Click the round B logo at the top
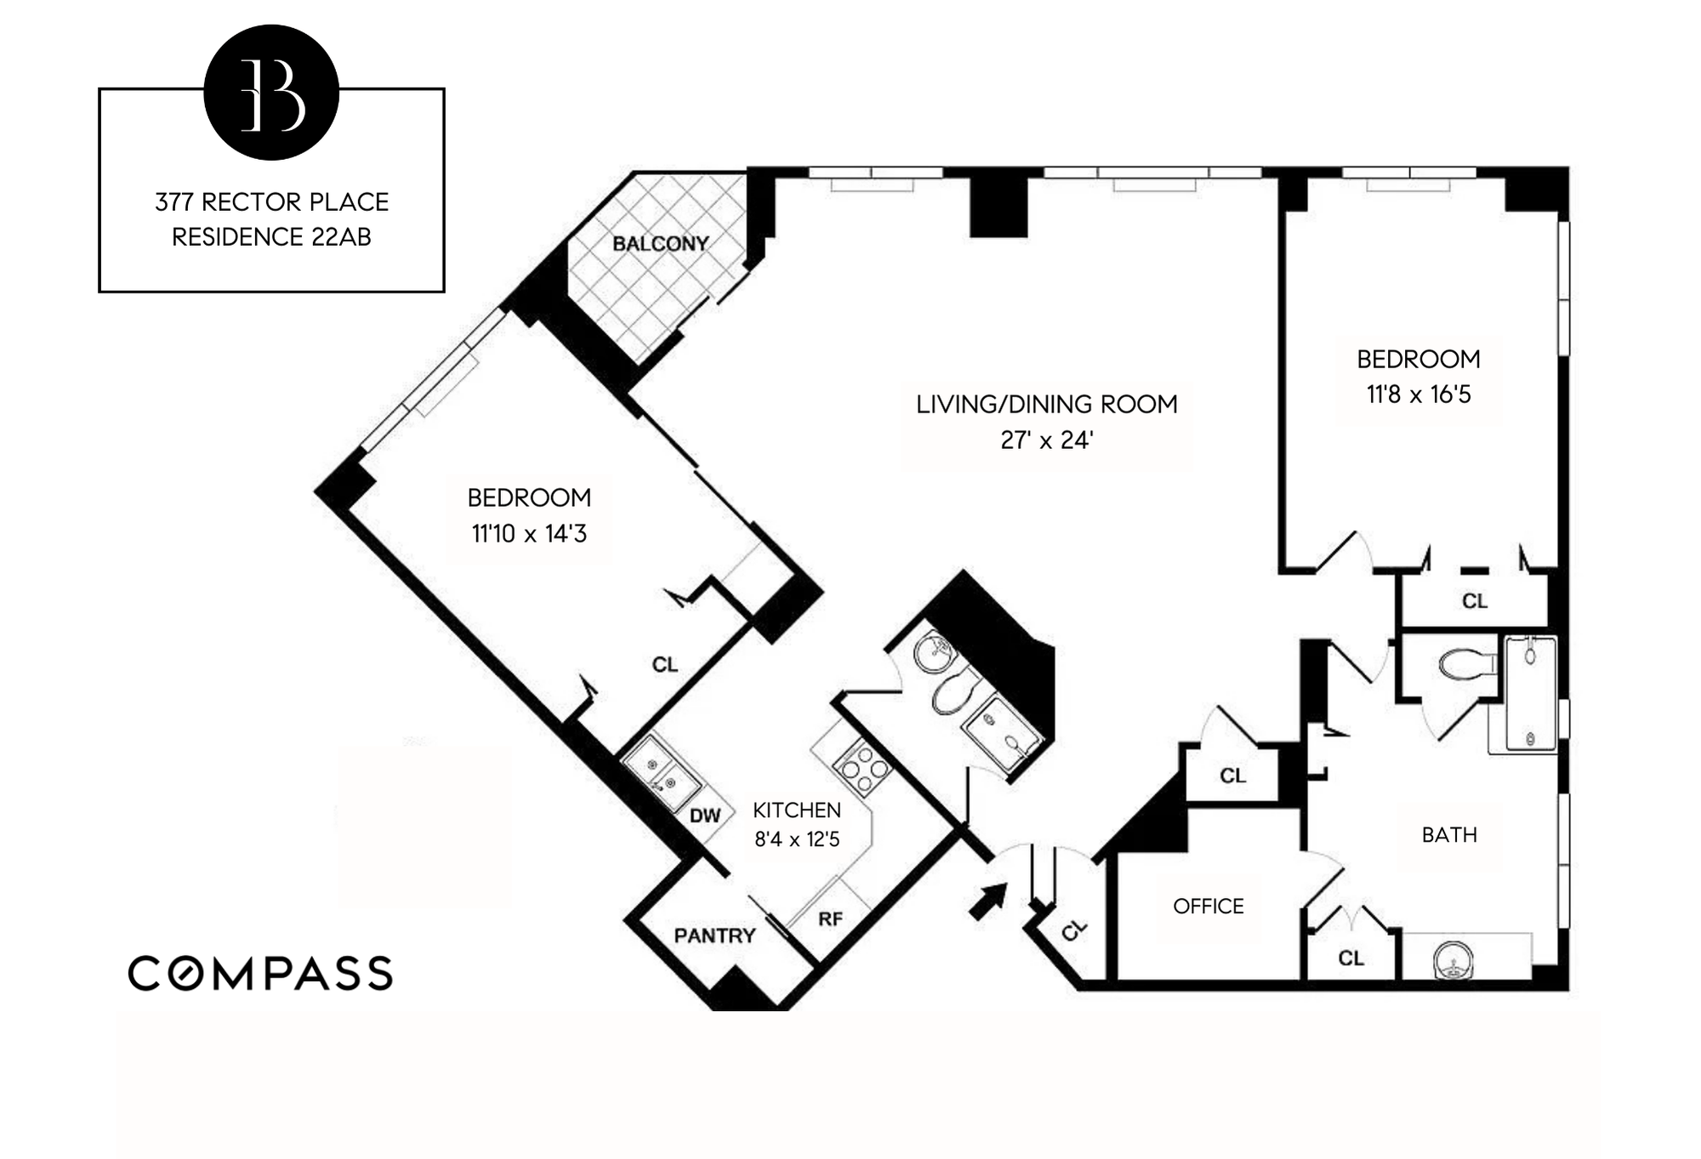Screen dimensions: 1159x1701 click(x=271, y=93)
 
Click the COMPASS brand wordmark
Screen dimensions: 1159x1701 click(x=260, y=973)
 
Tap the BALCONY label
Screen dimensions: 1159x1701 click(x=660, y=244)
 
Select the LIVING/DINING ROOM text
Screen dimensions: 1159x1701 click(x=1046, y=404)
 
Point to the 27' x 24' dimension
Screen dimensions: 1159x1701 click(x=1046, y=440)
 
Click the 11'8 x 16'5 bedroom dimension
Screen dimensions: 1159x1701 click(x=1418, y=395)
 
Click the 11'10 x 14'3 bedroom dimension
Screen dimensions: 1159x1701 click(x=529, y=533)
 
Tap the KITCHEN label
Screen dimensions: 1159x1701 click(x=796, y=810)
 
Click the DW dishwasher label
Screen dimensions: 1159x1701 click(x=704, y=816)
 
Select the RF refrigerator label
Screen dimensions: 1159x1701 click(x=830, y=919)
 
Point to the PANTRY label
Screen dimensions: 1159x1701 click(x=714, y=936)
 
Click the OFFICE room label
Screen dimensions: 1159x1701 click(x=1208, y=906)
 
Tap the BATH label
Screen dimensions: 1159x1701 click(x=1449, y=835)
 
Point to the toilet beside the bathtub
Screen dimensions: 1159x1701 click(x=1465, y=663)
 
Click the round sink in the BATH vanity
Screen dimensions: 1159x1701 click(x=1453, y=961)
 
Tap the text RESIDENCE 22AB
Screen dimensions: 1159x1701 click(x=271, y=237)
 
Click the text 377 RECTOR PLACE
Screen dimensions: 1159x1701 click(x=271, y=202)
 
